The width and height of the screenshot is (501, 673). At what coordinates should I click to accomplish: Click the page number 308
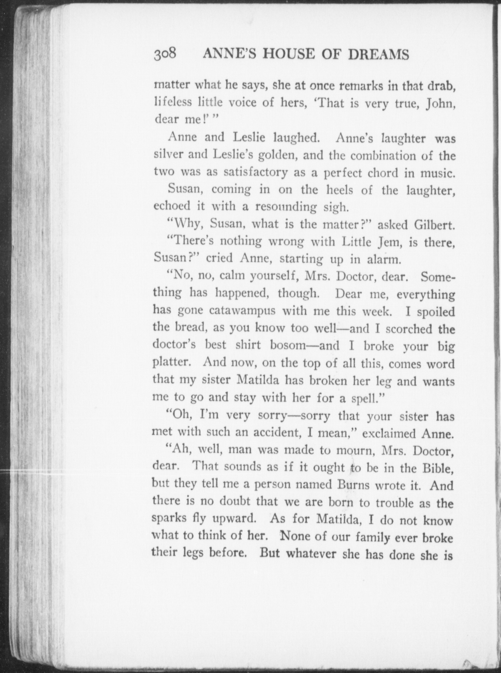pos(165,54)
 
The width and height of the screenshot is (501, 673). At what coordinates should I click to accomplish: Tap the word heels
pos(339,190)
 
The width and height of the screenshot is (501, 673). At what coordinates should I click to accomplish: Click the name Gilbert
pos(434,225)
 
